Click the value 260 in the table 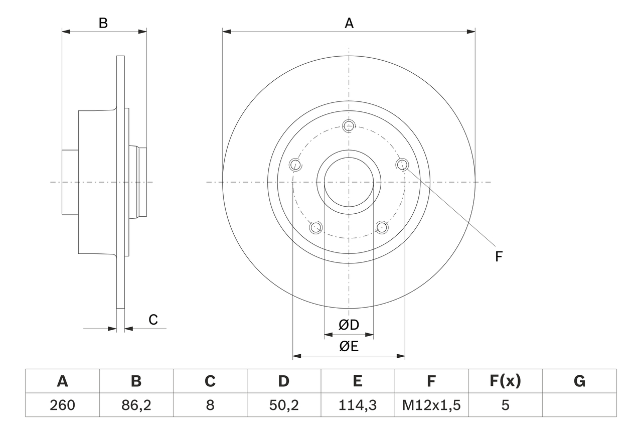62,405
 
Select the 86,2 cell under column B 136,405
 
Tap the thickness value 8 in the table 210,405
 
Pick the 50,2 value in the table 283,405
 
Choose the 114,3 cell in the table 357,405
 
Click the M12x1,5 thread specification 431,405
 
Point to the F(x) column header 505,381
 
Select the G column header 579,381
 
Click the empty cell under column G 579,405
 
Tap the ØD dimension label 349,325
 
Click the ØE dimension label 349,346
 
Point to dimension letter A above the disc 349,23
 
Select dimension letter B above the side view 103,23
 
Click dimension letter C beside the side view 153,320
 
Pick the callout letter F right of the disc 498,257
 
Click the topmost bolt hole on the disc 349,125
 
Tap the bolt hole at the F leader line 402,164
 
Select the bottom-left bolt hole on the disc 316,227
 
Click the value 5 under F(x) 505,405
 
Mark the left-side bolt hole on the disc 296,164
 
